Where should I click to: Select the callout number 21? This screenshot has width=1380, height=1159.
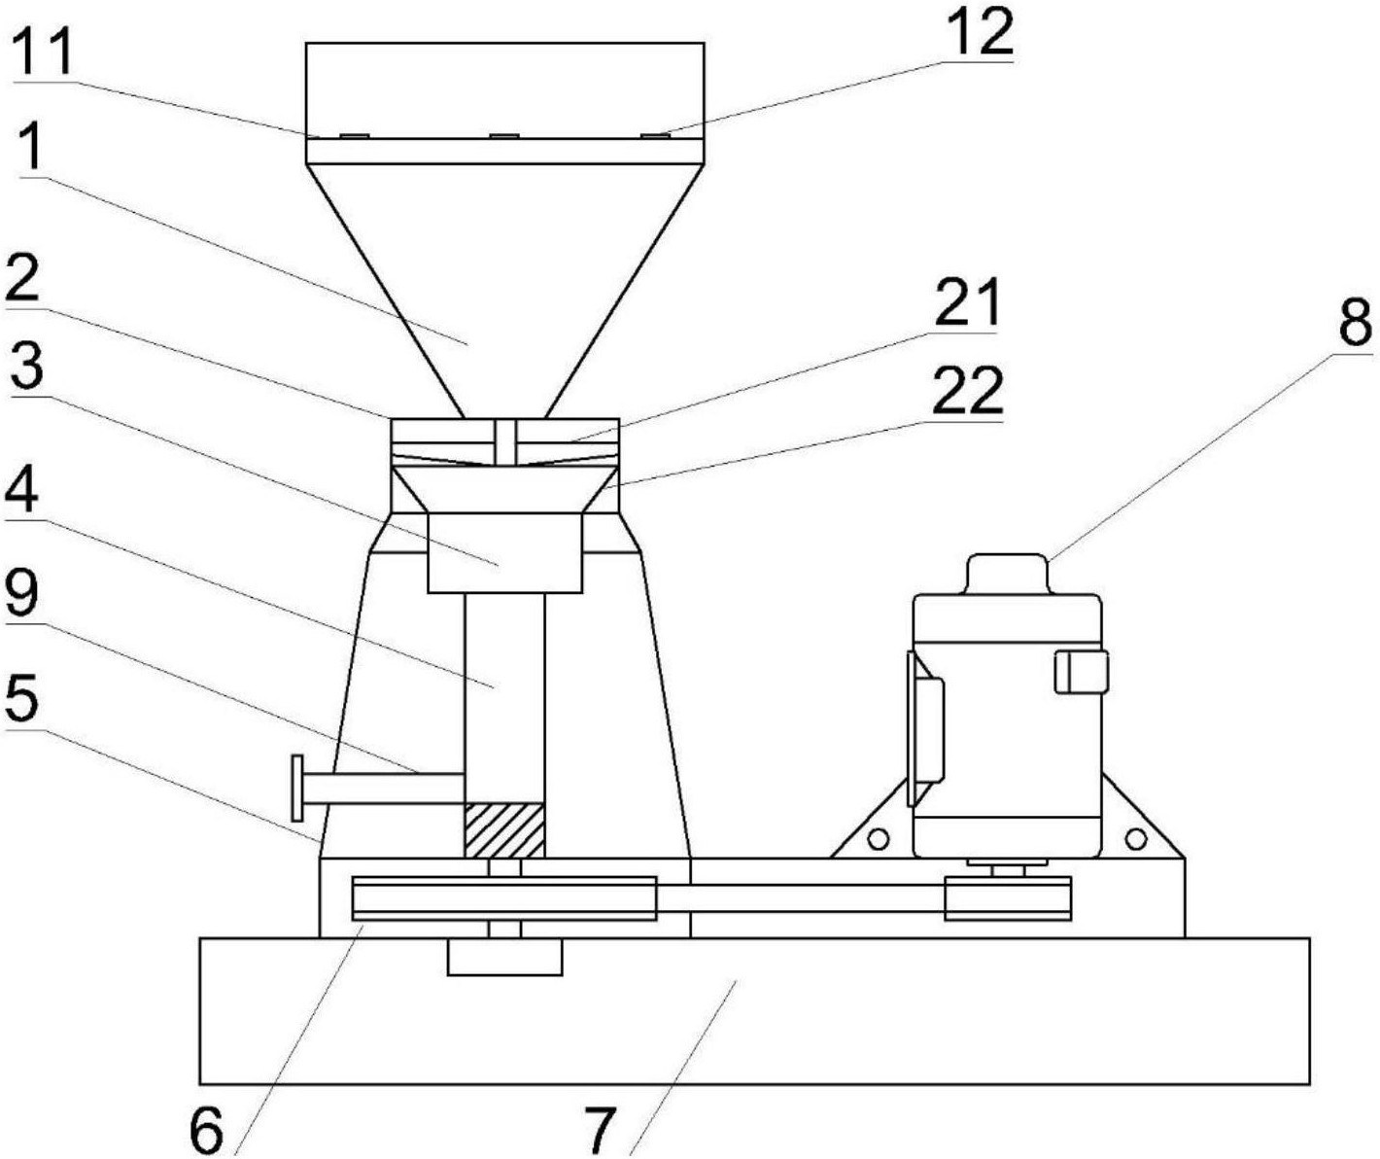(x=965, y=302)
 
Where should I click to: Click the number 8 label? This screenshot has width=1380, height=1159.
(x=1356, y=324)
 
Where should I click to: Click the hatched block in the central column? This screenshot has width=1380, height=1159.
(x=505, y=831)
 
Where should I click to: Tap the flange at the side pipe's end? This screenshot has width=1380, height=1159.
(x=297, y=788)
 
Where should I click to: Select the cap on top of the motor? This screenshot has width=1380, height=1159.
(x=1007, y=574)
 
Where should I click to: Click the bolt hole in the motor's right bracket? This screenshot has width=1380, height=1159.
(x=1135, y=840)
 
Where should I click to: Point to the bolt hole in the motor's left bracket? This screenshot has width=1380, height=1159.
(x=878, y=840)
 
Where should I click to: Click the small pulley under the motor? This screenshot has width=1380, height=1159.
(x=1007, y=897)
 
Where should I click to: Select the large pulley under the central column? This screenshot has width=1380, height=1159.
(x=504, y=897)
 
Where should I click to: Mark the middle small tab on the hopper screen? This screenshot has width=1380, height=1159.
(x=503, y=136)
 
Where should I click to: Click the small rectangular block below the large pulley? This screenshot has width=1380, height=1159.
(x=505, y=956)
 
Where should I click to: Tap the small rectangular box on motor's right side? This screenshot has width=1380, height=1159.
(x=1082, y=672)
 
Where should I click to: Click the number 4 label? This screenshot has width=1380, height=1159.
(x=21, y=495)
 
